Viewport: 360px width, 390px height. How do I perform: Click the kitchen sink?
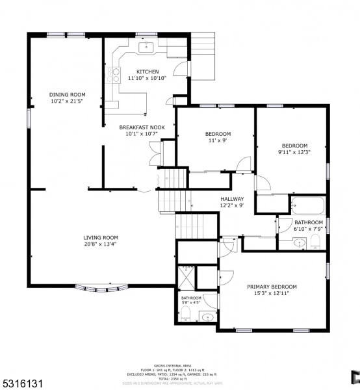147,46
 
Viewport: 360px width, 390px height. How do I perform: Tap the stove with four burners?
115,75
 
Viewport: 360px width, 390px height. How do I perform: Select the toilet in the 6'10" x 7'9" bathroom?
316,242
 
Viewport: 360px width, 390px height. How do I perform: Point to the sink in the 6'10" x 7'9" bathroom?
299,243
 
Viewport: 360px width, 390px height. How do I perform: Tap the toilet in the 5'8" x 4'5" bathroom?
185,315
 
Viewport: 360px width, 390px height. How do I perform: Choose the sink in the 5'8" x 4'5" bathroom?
207,317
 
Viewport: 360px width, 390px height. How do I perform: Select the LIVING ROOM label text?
100,238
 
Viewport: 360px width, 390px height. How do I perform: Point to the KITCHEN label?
147,71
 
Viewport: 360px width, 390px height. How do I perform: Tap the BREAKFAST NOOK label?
142,127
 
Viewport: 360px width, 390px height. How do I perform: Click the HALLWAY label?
232,199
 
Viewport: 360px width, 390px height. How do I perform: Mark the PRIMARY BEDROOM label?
272,287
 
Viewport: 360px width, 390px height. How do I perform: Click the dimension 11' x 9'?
218,140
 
